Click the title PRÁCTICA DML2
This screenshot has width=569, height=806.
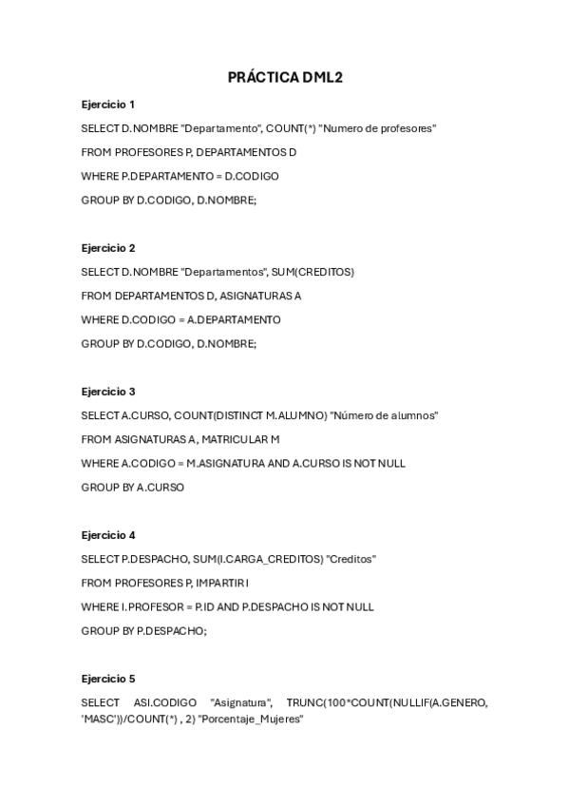(284, 77)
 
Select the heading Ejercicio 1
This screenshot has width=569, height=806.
(108, 104)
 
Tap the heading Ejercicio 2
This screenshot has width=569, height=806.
(108, 248)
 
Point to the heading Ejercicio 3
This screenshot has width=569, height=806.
(108, 392)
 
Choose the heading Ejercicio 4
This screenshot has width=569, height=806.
(108, 535)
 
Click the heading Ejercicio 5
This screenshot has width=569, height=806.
(108, 679)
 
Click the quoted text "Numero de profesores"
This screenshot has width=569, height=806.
(378, 128)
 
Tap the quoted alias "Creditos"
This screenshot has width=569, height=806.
(351, 559)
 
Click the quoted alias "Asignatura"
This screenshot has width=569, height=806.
(241, 702)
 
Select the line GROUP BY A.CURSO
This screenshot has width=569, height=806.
(132, 487)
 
